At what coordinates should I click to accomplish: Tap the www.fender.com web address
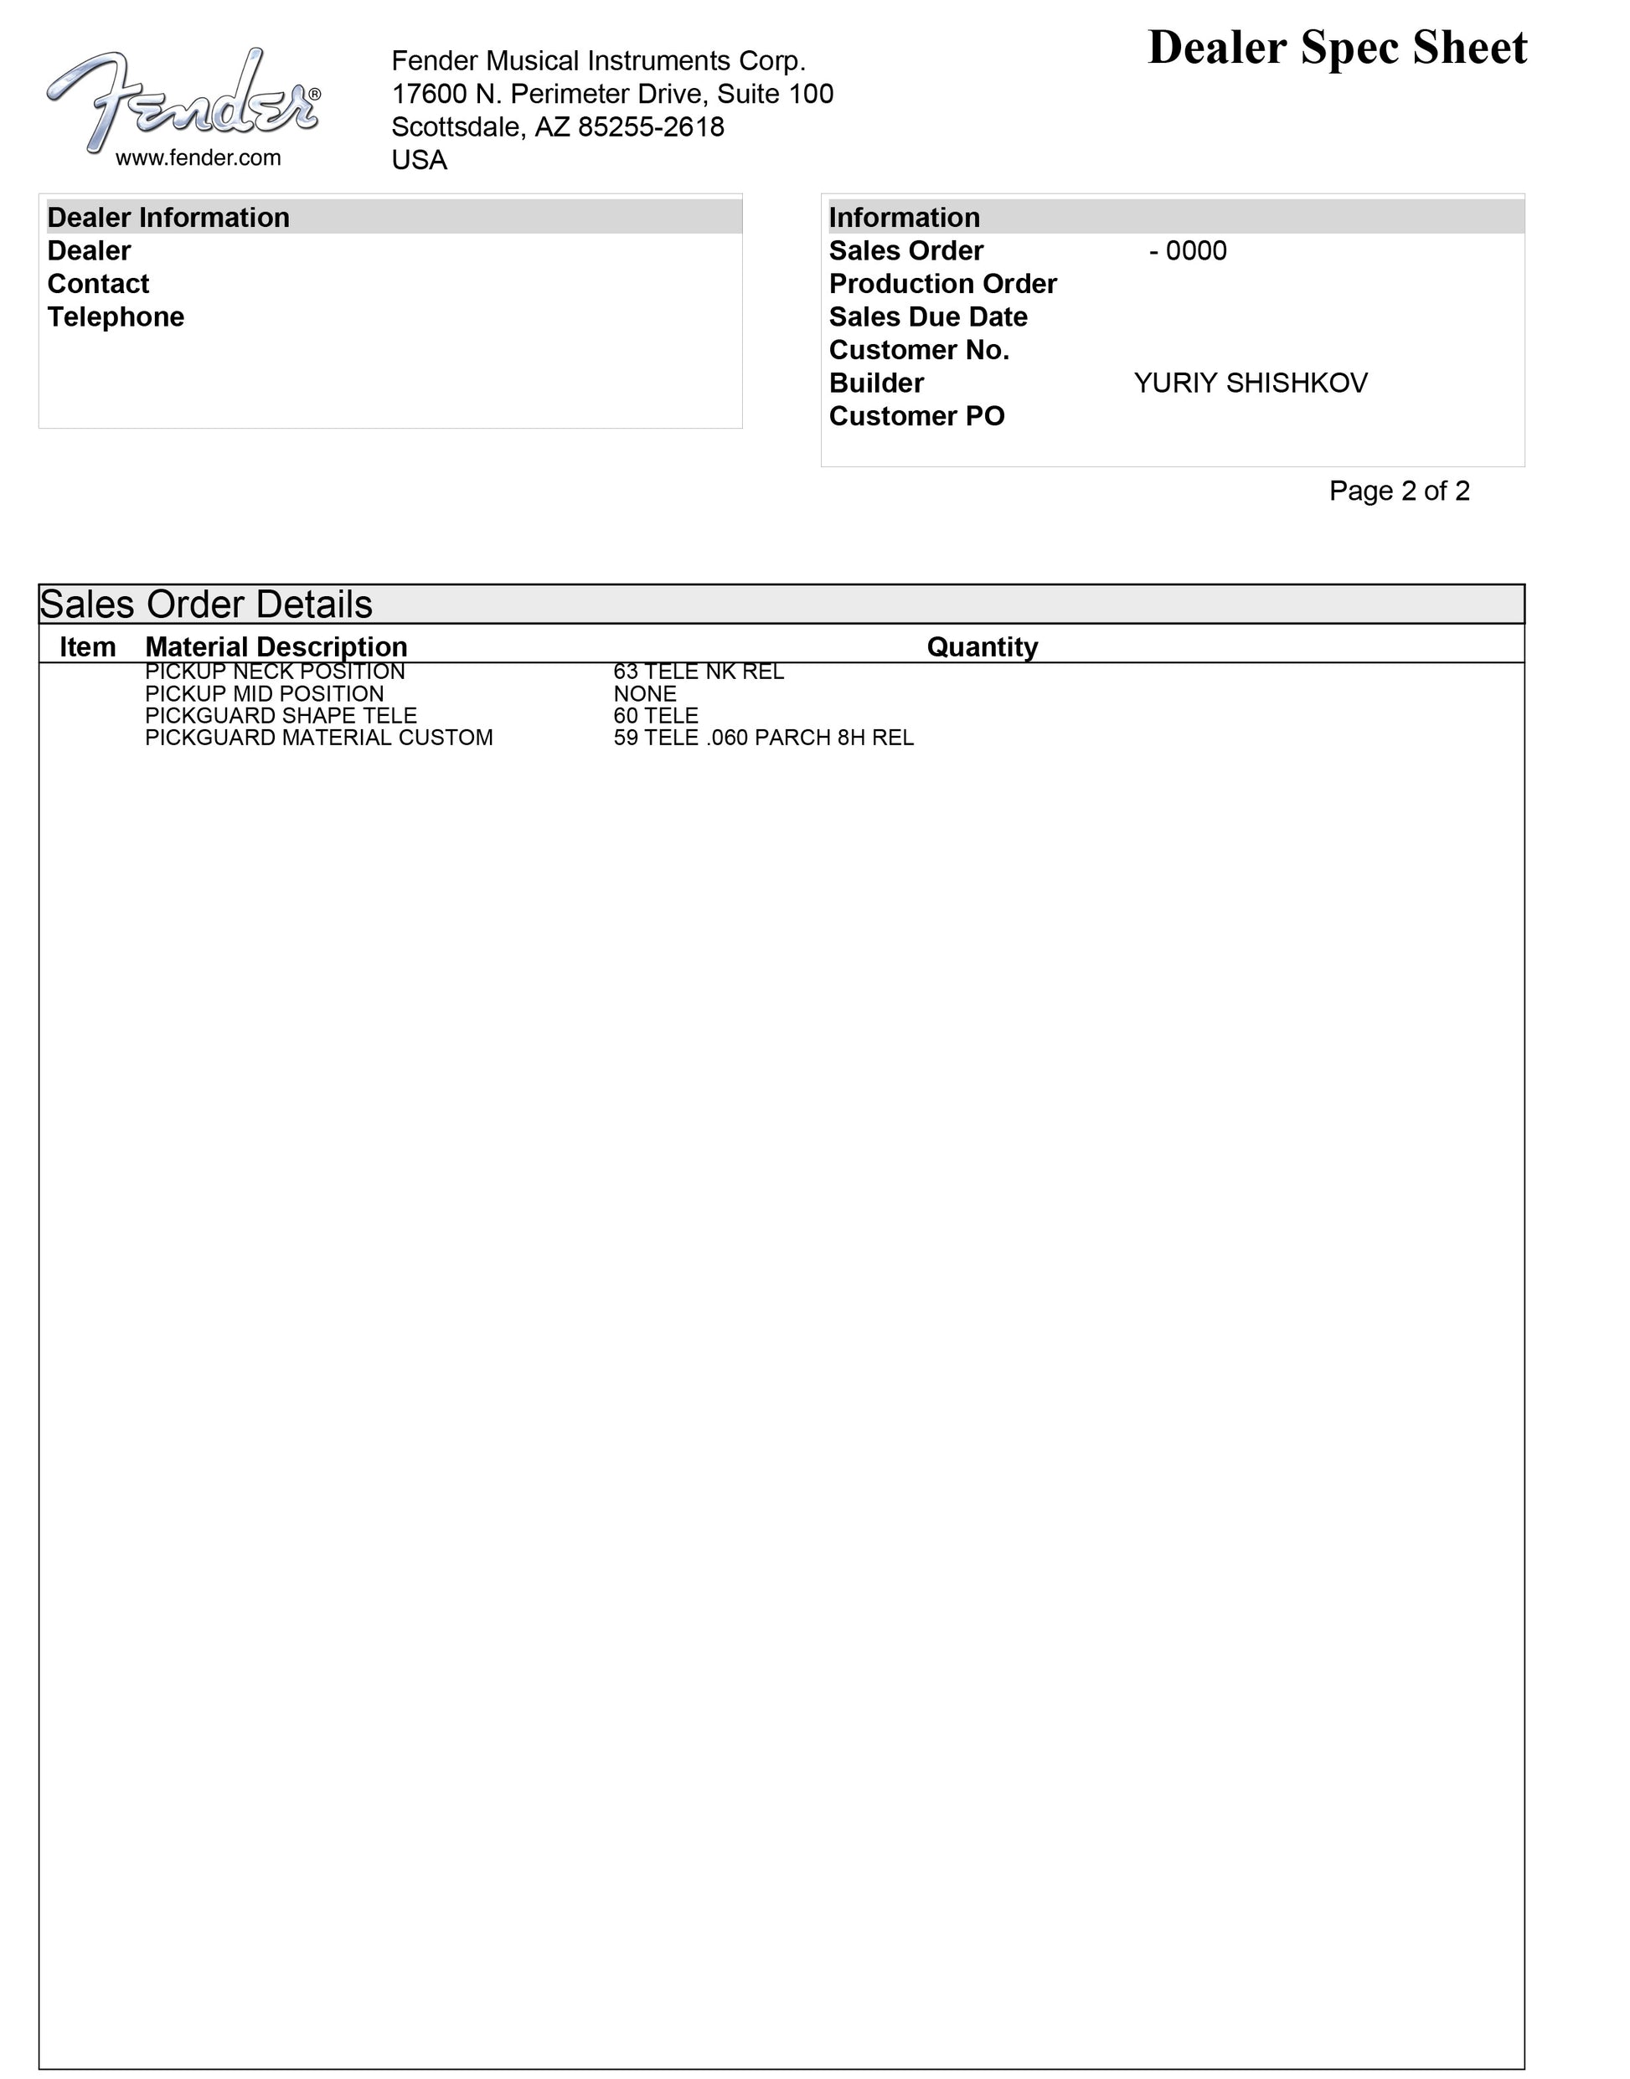199,158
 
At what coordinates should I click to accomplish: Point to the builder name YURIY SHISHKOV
1251,383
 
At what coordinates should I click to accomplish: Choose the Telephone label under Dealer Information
116,316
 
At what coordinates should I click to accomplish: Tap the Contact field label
98,285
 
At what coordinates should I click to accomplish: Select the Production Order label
943,285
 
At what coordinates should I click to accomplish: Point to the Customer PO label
916,416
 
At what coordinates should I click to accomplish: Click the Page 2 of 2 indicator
1399,491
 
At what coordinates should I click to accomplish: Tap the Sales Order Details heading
206,605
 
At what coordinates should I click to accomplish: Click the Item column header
88,647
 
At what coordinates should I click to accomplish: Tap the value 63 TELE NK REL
699,672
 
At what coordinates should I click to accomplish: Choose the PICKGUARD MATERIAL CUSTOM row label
319,738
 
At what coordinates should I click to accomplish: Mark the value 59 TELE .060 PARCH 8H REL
763,738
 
